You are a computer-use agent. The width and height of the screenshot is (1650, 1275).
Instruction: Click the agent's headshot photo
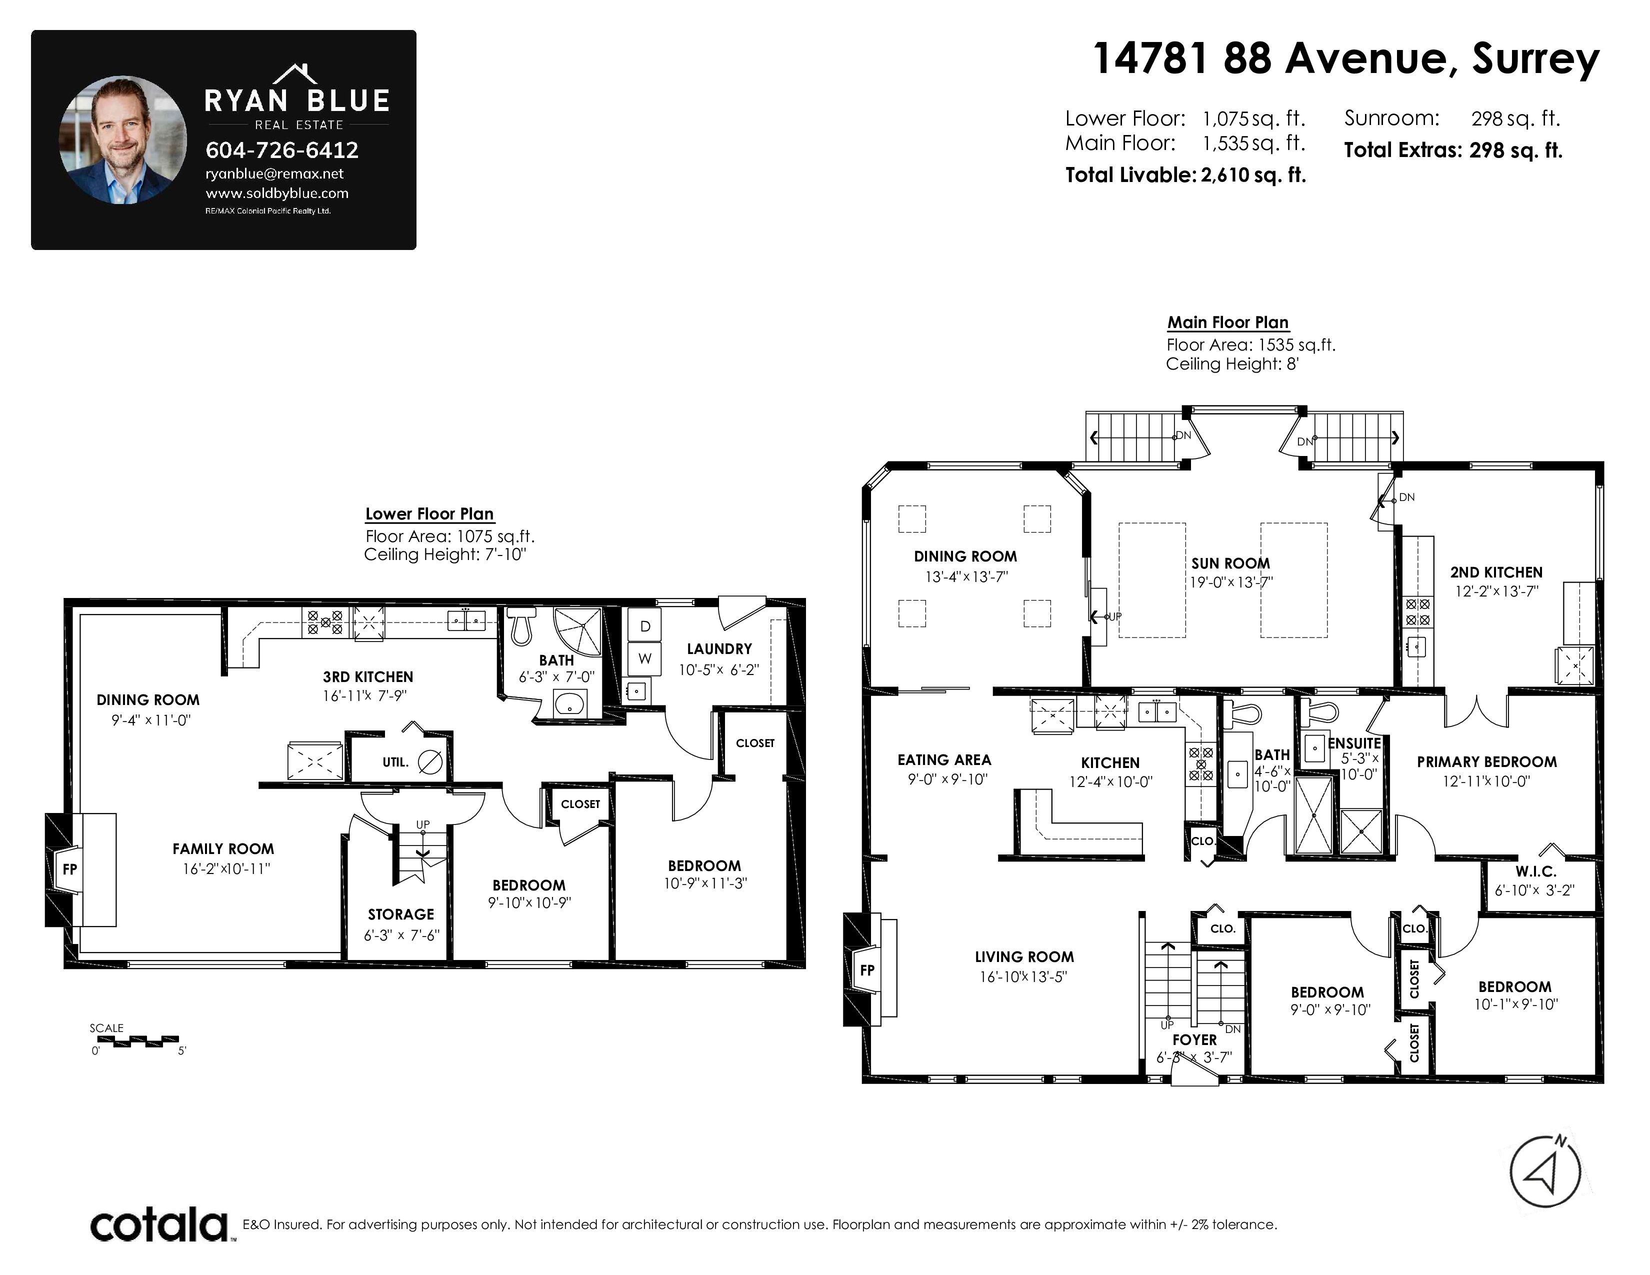pos(123,139)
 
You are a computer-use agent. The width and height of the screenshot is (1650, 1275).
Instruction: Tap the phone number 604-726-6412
pos(282,150)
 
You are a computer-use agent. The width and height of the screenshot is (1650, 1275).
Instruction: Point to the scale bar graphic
pos(136,1041)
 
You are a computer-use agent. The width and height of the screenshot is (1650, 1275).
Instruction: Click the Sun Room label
pos(1230,563)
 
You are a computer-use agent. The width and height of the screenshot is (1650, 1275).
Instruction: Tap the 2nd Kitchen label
pos(1496,572)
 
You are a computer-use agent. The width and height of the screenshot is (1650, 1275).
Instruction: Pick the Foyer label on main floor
pos(1194,1040)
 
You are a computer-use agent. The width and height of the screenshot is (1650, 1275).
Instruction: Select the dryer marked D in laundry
pos(645,626)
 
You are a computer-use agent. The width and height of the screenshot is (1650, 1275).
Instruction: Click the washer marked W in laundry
pos(645,658)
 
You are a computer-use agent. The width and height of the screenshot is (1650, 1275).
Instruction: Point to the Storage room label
pos(401,914)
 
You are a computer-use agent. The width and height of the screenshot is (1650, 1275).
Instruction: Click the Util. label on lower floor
pos(395,763)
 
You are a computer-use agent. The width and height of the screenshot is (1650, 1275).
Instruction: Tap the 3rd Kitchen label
pos(368,677)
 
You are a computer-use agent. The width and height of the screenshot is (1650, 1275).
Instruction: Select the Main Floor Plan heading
pos(1227,322)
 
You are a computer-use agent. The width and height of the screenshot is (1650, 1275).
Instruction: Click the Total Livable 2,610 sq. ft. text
pos(1185,175)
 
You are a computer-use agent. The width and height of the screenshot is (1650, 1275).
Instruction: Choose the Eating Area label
pos(944,760)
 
